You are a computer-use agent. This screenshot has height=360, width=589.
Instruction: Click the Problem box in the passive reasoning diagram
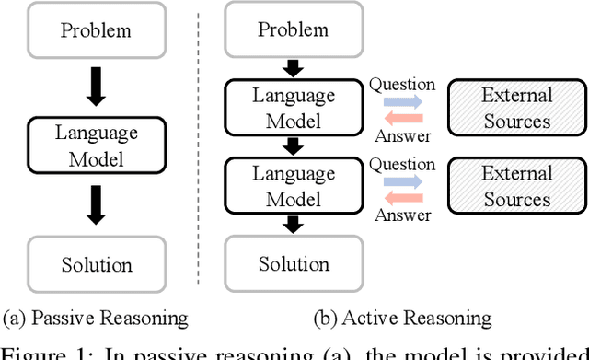[96, 29]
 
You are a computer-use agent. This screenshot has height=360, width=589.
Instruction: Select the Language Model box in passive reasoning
[96, 146]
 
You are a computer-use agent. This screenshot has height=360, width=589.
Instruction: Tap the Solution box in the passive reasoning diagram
[96, 264]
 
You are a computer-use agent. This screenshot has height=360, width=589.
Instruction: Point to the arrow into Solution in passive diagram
[96, 205]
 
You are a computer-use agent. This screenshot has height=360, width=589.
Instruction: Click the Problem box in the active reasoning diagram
[293, 29]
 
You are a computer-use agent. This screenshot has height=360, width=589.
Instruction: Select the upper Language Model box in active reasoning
[293, 110]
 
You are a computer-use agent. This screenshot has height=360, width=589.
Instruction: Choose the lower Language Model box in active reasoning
[293, 187]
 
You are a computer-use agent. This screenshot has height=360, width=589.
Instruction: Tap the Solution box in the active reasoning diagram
[293, 264]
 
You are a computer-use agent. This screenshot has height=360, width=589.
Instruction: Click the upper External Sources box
[516, 109]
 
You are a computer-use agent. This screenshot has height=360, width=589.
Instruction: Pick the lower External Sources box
[516, 187]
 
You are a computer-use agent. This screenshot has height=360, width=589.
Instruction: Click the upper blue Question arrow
[401, 102]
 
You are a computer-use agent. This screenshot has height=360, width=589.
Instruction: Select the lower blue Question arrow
[401, 180]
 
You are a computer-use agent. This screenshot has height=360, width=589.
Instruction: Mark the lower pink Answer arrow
[401, 197]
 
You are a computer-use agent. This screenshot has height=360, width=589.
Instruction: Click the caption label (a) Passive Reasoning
[96, 319]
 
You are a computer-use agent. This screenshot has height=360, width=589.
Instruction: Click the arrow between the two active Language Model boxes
[293, 147]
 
